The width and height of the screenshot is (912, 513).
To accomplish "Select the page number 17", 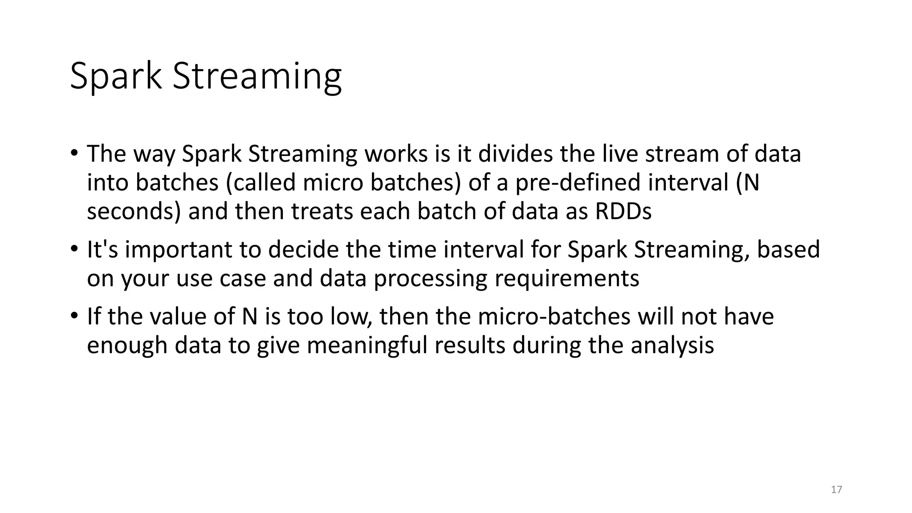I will tap(836, 490).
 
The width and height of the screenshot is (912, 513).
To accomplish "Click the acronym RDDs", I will tap(623, 212).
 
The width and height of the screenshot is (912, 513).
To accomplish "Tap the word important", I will tap(178, 250).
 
